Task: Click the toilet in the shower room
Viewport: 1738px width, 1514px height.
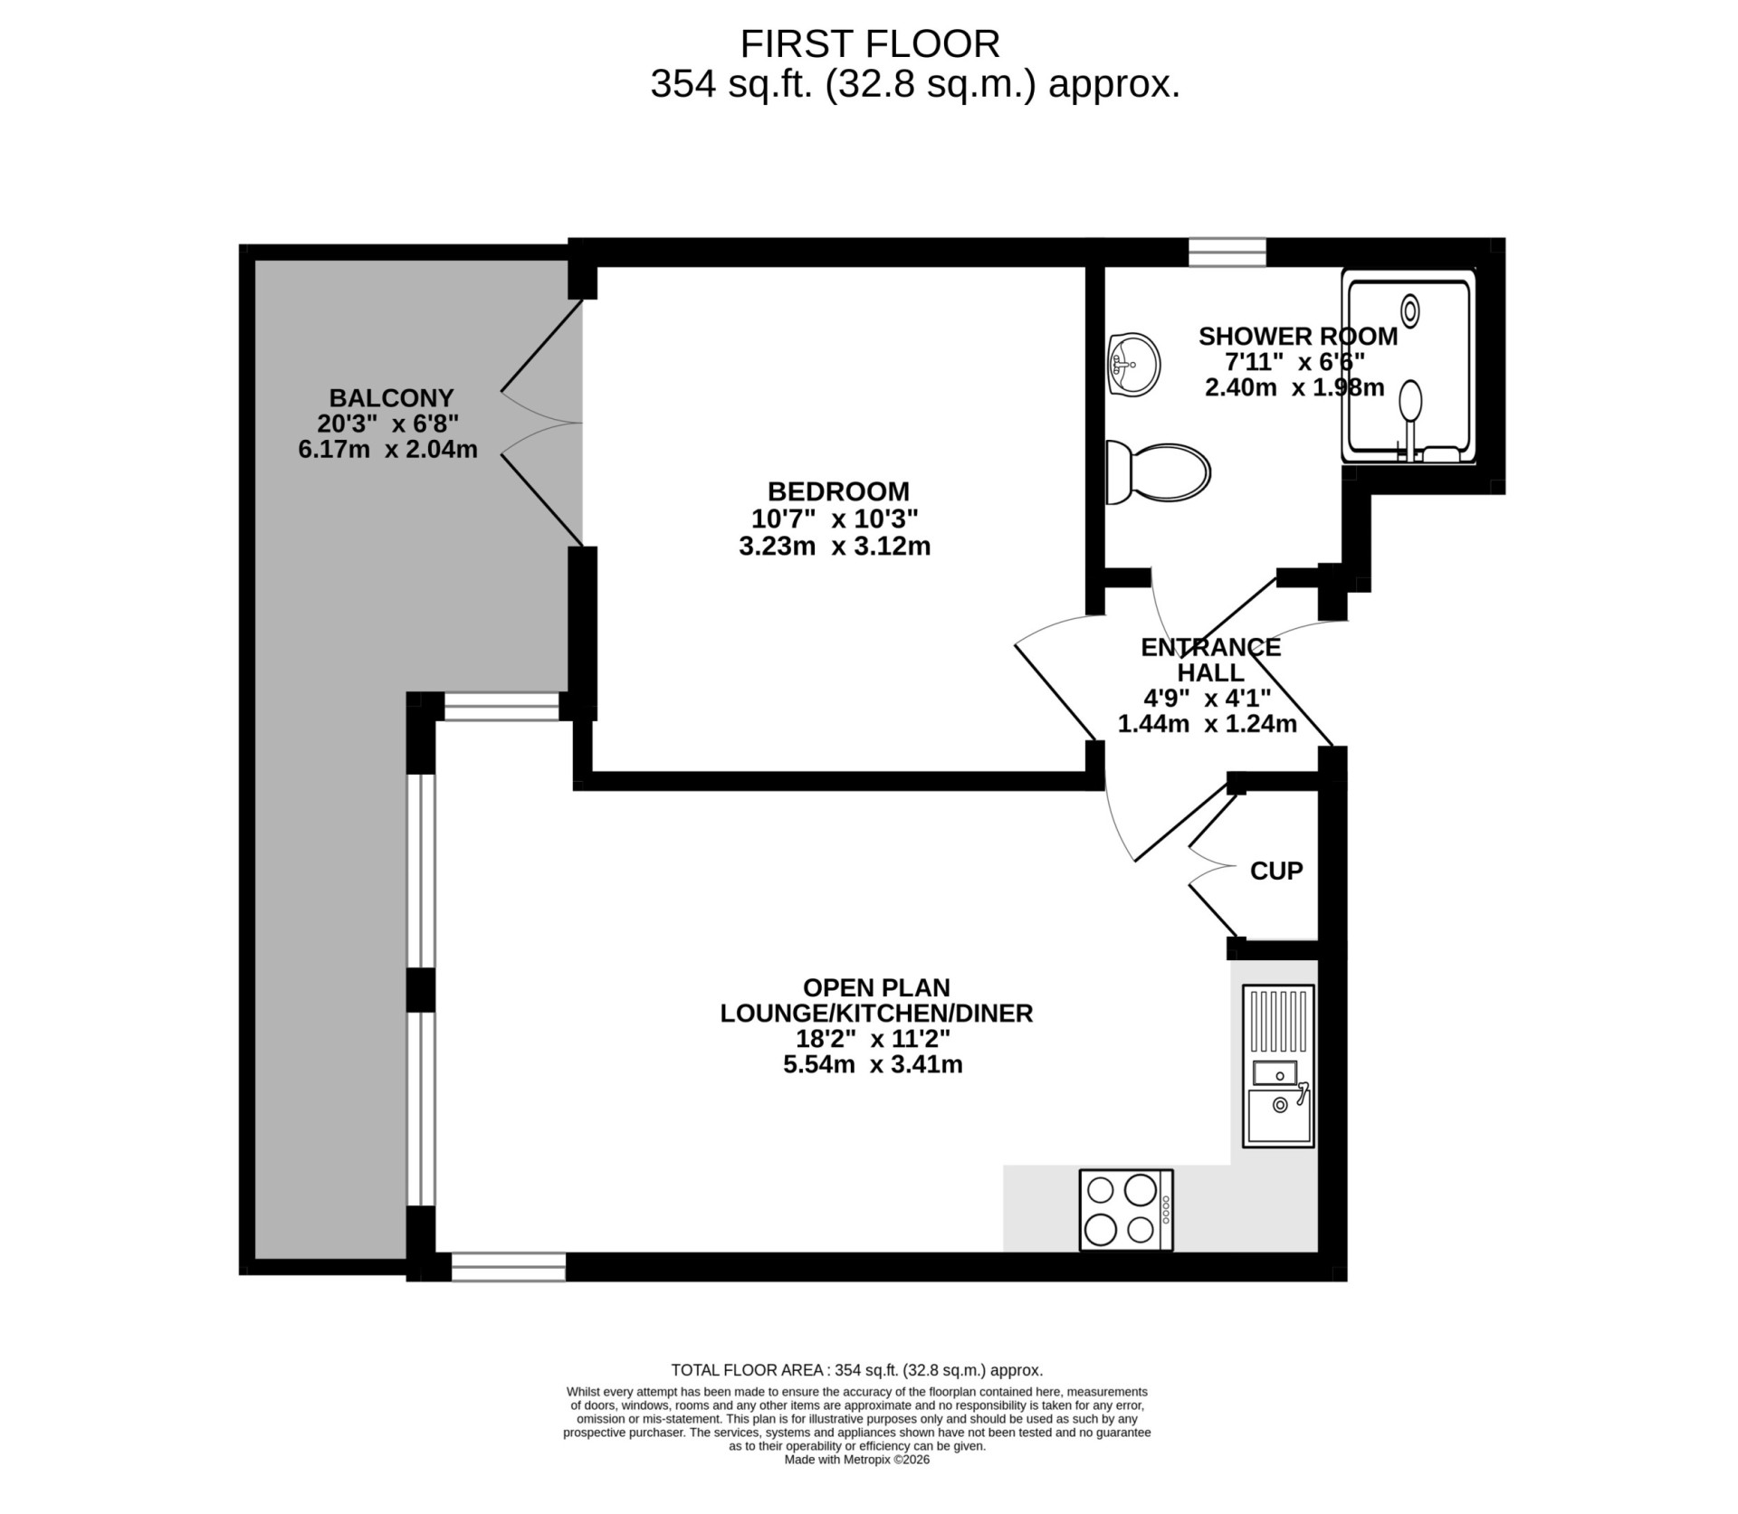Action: tap(1158, 472)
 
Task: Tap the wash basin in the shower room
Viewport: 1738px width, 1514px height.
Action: tap(1132, 364)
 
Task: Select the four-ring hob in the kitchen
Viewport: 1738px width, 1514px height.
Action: tap(1126, 1210)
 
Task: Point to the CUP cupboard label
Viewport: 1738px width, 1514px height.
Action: tap(1276, 871)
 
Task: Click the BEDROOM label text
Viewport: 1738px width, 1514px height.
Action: tap(838, 491)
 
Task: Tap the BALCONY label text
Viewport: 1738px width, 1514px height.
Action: tap(391, 398)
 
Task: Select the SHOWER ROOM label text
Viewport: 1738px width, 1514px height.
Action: tap(1298, 337)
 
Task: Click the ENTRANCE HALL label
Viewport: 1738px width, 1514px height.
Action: tap(1211, 660)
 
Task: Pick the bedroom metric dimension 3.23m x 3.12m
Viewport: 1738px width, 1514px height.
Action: tap(835, 547)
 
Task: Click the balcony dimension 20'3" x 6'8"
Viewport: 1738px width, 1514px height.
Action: tap(388, 424)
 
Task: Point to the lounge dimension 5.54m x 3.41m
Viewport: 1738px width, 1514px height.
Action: tap(873, 1064)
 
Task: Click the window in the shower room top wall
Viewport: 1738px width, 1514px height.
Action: tap(1227, 252)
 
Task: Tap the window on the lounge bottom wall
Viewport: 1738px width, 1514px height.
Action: tap(509, 1267)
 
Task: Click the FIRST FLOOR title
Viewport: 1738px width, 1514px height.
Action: tap(870, 43)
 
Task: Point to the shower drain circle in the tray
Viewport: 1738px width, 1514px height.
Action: tap(1409, 311)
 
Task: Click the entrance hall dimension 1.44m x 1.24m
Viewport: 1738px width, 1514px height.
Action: tap(1208, 724)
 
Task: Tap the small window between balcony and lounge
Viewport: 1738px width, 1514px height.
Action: tap(501, 707)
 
